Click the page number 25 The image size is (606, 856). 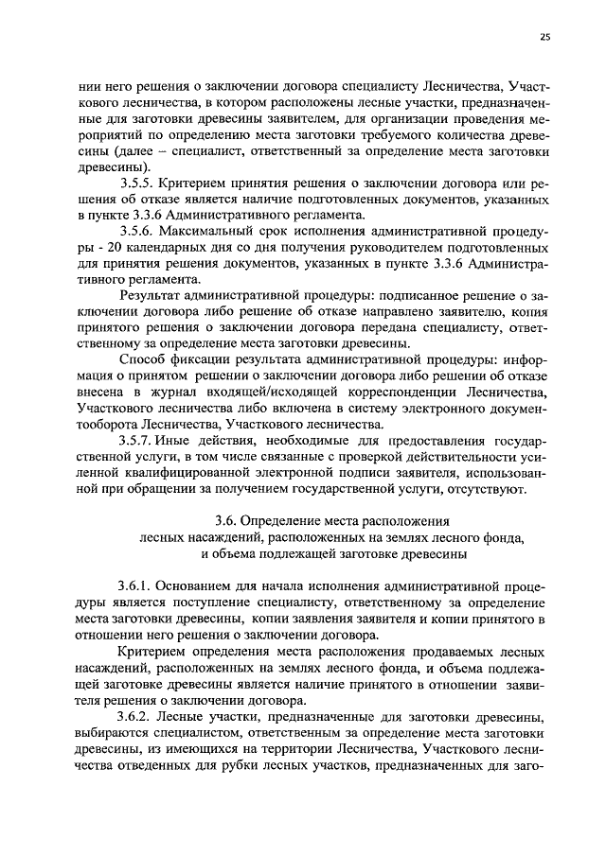pos(544,37)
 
